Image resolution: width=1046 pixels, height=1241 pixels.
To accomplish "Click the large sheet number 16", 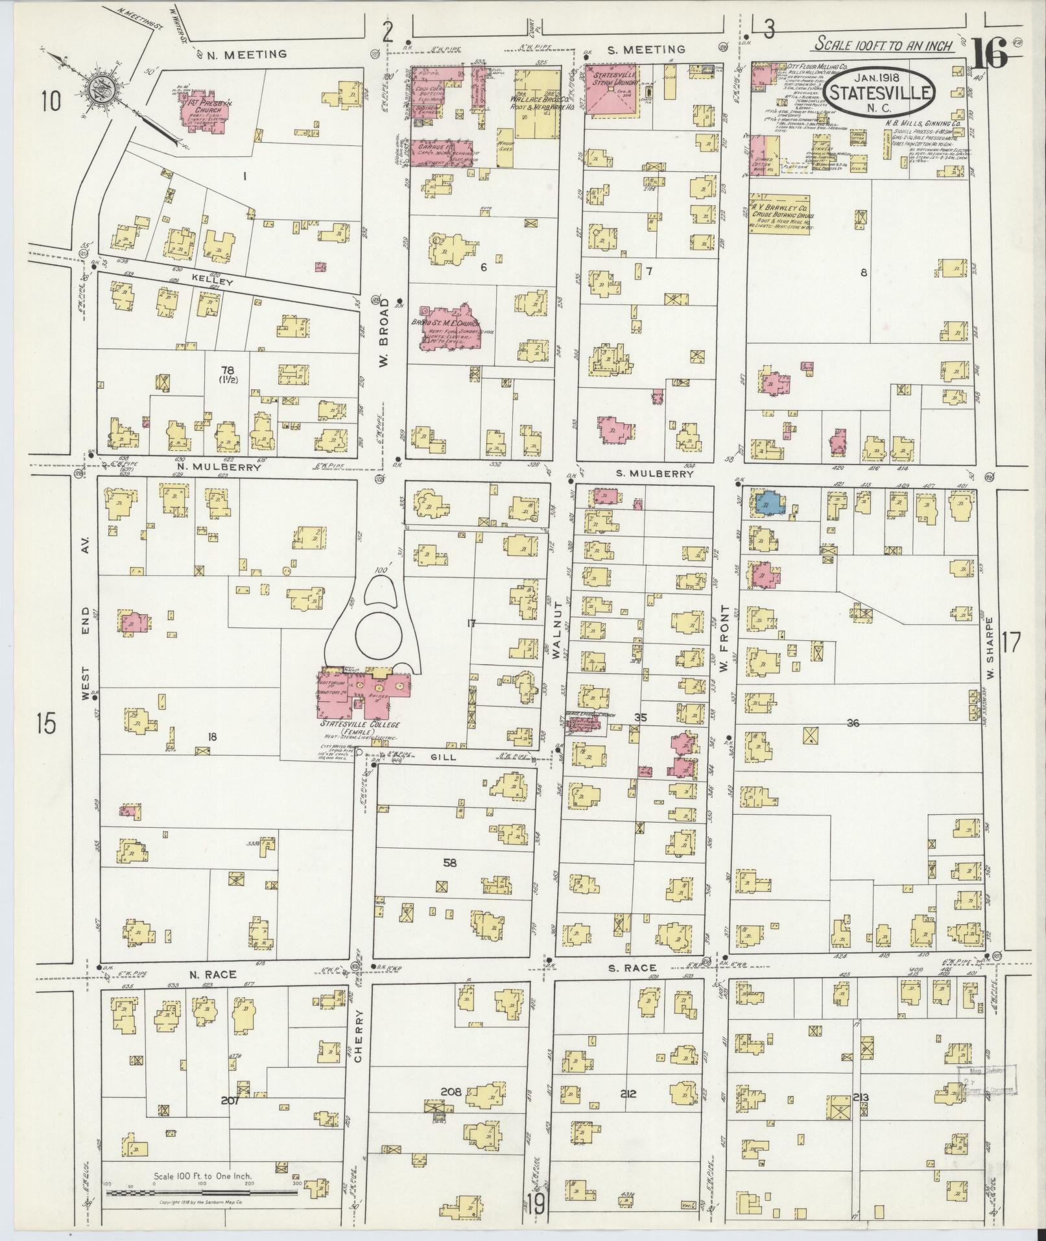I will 990,53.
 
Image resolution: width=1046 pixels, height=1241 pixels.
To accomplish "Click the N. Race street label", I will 213,974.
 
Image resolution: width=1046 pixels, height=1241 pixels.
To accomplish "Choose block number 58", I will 449,862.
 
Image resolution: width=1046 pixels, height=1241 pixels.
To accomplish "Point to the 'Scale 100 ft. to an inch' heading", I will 884,45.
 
